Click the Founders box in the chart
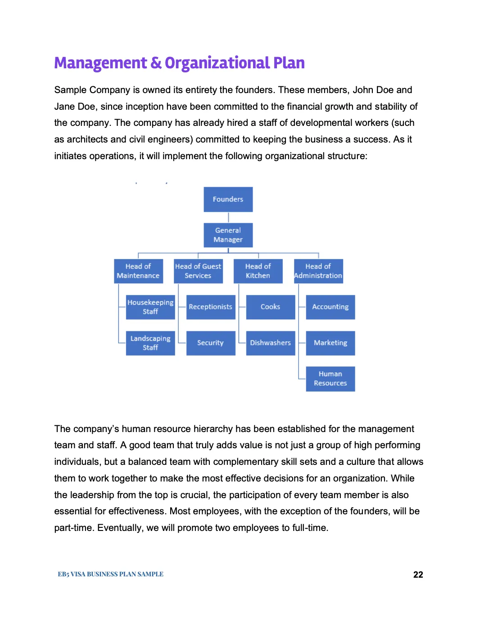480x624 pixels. (x=228, y=199)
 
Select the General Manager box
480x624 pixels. (x=228, y=235)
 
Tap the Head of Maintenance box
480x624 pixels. (x=138, y=271)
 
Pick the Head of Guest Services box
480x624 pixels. (x=198, y=271)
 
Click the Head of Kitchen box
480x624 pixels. (x=258, y=271)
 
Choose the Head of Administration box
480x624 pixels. (x=318, y=271)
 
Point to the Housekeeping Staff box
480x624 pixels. (x=150, y=307)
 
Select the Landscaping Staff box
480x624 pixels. (x=150, y=343)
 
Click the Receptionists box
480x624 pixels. (x=211, y=307)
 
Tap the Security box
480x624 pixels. (x=211, y=343)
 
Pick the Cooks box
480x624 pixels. (x=271, y=307)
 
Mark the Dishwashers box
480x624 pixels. (x=271, y=343)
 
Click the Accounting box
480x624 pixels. (x=331, y=307)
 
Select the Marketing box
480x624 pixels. (x=331, y=343)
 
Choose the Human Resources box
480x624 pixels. (x=331, y=379)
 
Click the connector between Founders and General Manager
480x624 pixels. (x=228, y=218)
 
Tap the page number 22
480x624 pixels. (x=418, y=574)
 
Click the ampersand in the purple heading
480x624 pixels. (x=156, y=63)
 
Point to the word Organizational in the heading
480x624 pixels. (x=217, y=63)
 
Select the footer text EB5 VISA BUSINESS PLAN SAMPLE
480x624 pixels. (x=110, y=574)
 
